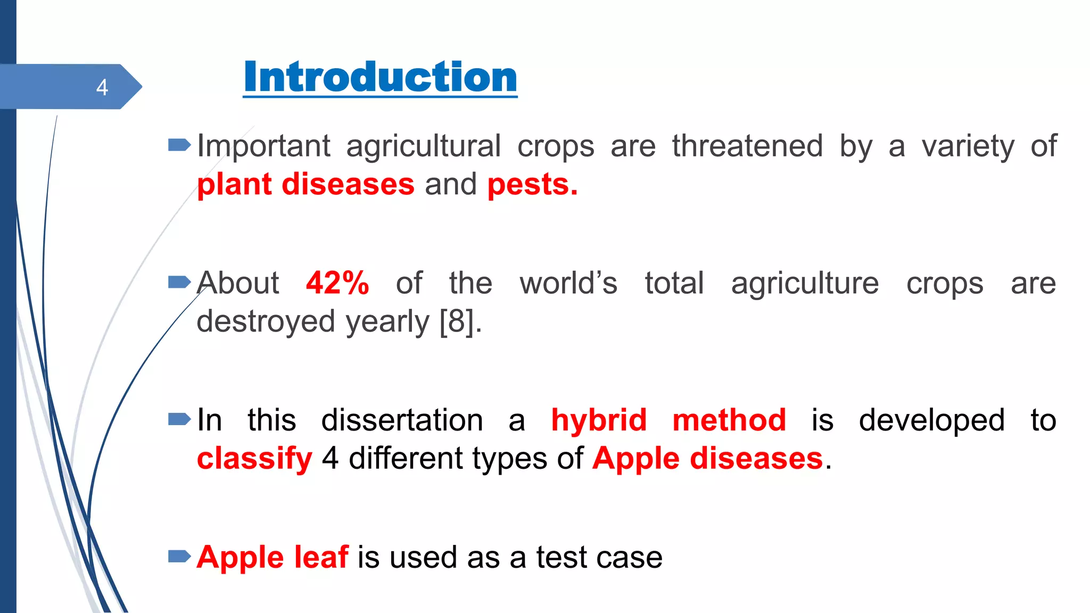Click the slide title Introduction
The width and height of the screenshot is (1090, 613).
click(380, 78)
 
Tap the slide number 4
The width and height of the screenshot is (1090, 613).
click(102, 87)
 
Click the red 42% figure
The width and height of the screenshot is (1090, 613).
click(337, 283)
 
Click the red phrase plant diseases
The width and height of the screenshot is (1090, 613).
click(305, 185)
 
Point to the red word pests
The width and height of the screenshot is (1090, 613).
click(532, 185)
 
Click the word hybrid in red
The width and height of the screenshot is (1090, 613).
click(599, 420)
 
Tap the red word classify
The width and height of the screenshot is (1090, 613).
click(254, 459)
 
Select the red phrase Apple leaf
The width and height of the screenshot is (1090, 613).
click(272, 557)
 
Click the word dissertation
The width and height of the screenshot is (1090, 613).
click(402, 420)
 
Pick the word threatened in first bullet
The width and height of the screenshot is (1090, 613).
click(747, 146)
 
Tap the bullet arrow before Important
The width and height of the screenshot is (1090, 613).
click(179, 145)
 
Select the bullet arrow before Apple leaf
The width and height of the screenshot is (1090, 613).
click(179, 557)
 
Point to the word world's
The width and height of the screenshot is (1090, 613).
click(568, 283)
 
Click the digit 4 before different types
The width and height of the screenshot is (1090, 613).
click(330, 459)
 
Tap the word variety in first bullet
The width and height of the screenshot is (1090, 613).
click(968, 147)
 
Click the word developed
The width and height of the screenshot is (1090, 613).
click(931, 421)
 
